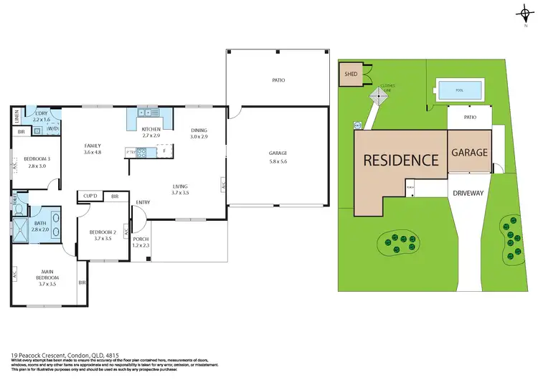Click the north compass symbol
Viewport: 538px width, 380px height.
click(x=526, y=14)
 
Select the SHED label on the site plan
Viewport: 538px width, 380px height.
click(x=351, y=74)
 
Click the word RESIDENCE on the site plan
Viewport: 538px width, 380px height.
click(x=401, y=160)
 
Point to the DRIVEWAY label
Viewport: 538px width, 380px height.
click(x=470, y=193)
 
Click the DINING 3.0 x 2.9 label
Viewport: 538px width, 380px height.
click(x=199, y=133)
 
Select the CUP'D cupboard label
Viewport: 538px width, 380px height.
click(x=90, y=196)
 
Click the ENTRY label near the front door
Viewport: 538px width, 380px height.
click(x=143, y=202)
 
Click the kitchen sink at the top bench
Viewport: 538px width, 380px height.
click(x=148, y=113)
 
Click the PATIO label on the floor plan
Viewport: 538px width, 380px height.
click(x=278, y=80)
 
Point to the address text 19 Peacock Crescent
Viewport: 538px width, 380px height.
click(x=39, y=354)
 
